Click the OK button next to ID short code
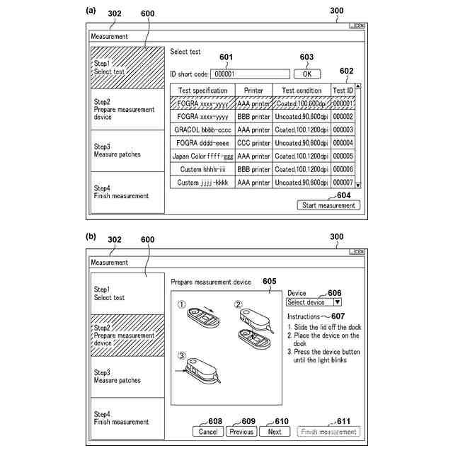pos(306,74)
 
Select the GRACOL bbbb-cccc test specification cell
pos(202,130)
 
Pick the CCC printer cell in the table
pos(253,142)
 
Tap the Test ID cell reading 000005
pos(343,156)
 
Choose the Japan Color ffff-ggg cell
pos(202,156)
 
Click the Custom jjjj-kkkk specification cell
pos(202,183)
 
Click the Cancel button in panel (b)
pos(207,432)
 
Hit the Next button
pos(275,432)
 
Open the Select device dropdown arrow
pos(337,302)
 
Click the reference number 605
pos(269,281)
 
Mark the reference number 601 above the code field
pos(226,57)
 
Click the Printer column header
pos(253,91)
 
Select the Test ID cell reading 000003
pos(343,130)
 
